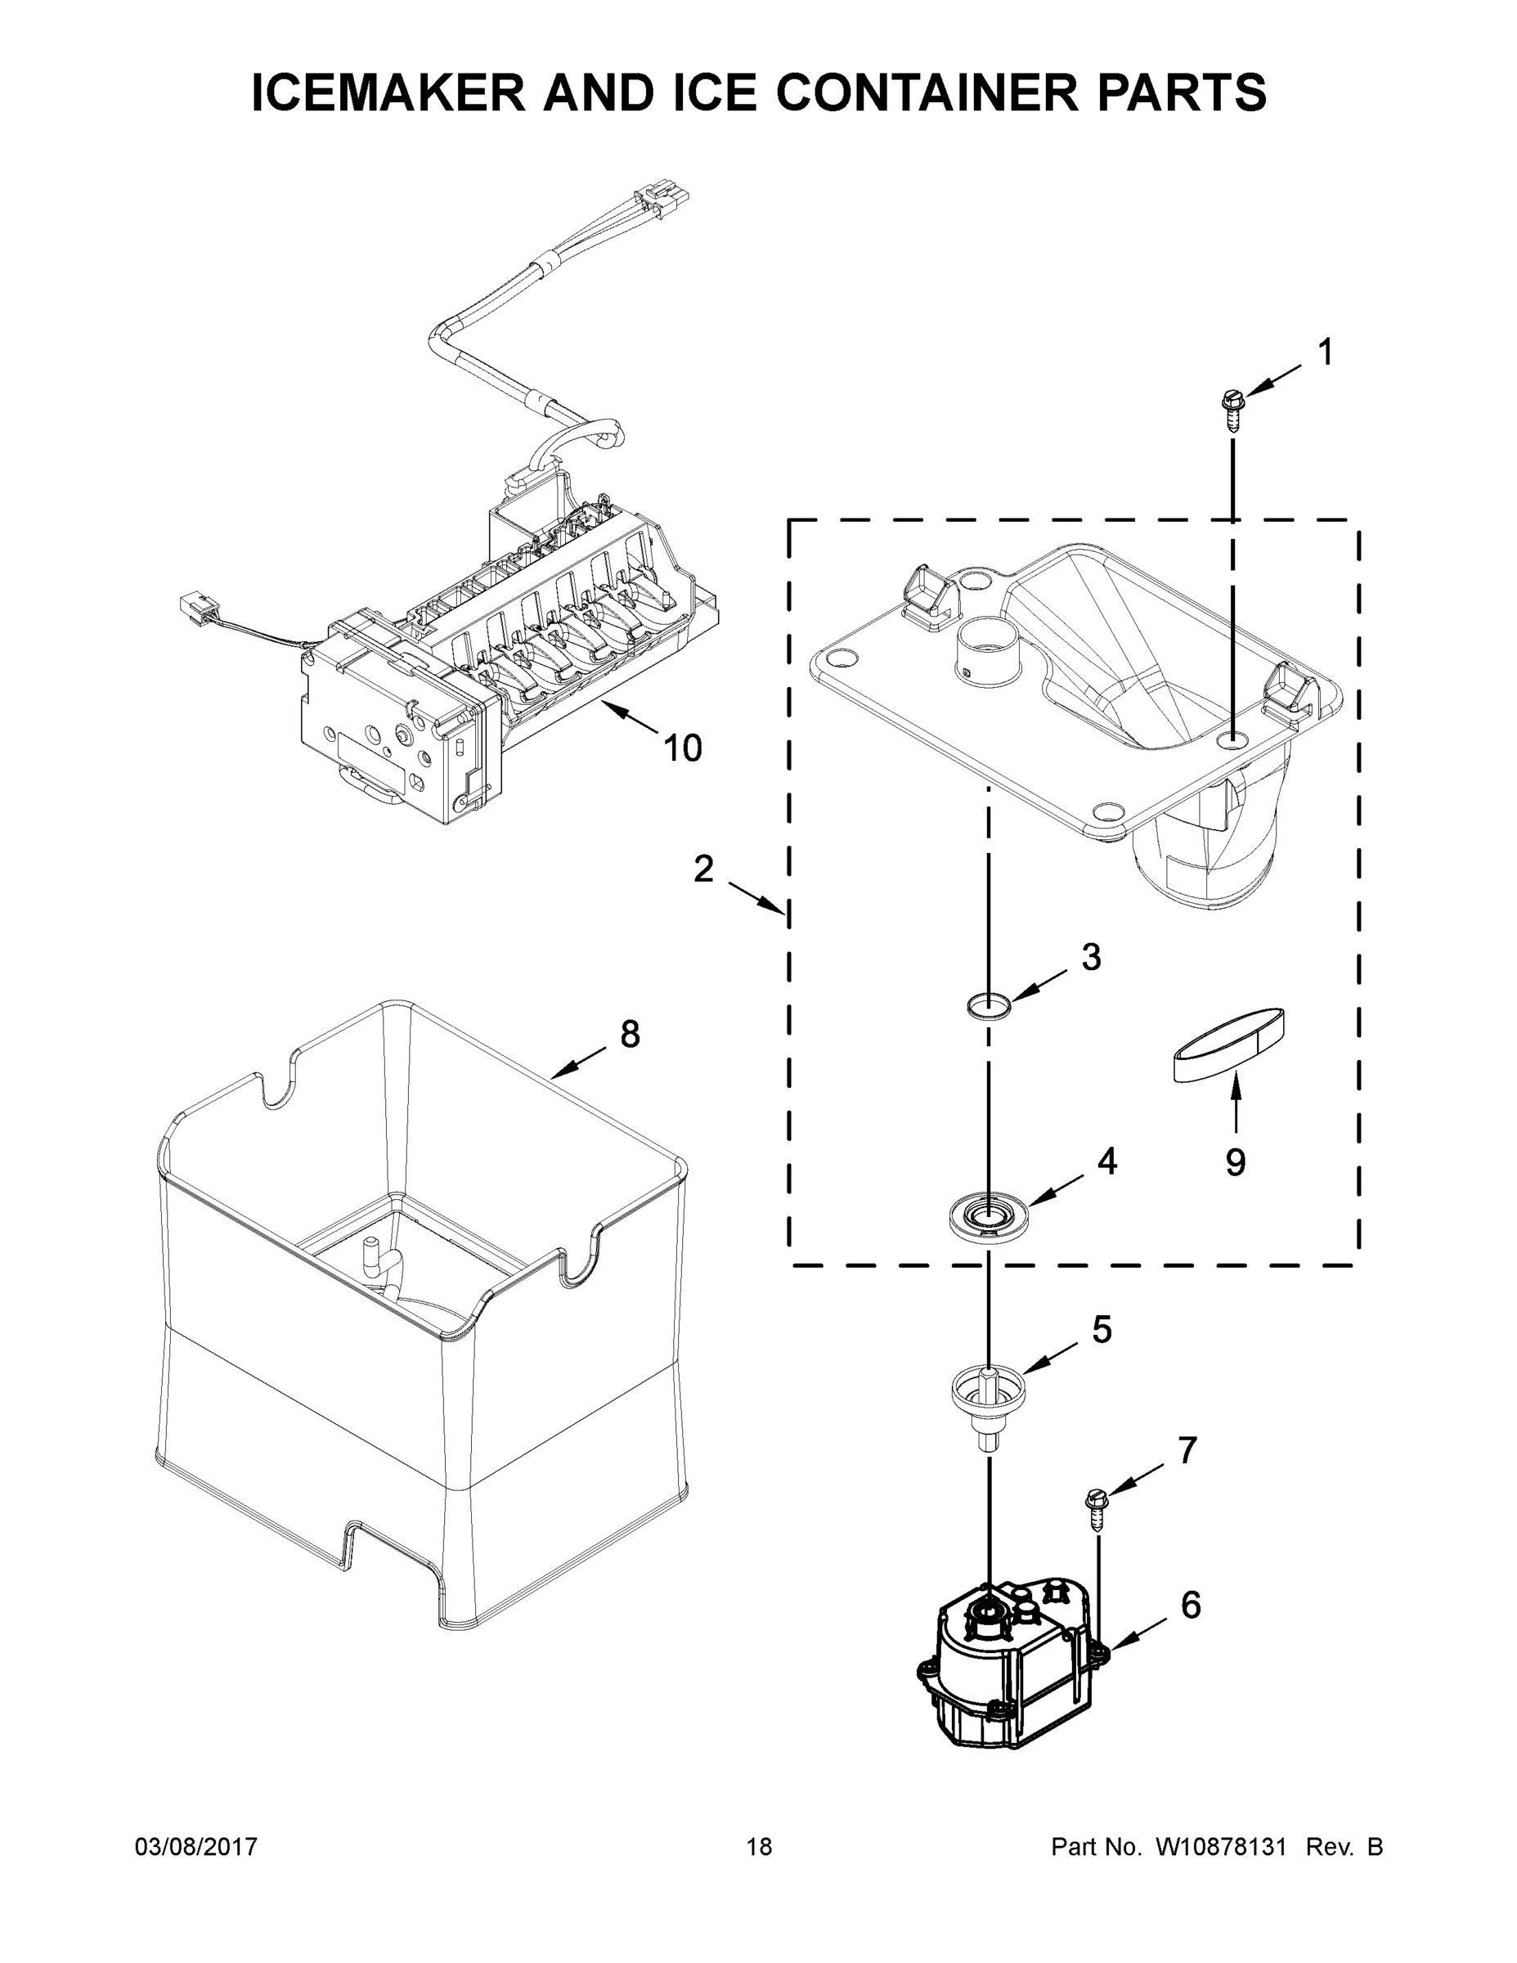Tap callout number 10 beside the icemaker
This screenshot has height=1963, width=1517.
point(682,748)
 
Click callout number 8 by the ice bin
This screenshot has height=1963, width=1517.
point(630,1035)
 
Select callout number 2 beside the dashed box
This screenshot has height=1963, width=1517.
point(703,869)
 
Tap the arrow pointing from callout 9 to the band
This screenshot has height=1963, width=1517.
point(1236,1101)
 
